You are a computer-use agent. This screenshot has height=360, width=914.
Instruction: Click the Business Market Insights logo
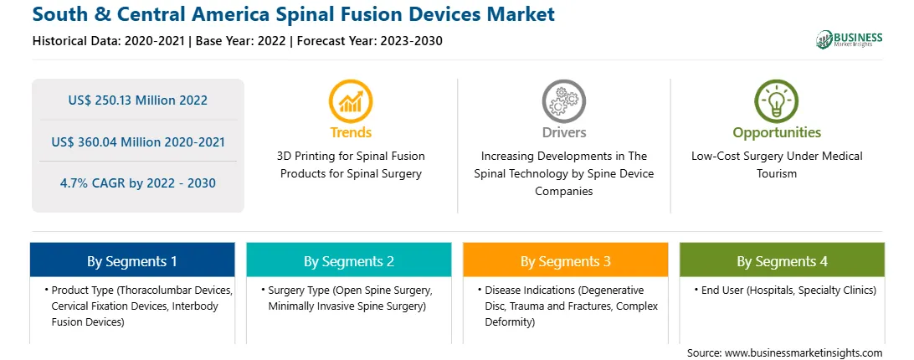pos(850,39)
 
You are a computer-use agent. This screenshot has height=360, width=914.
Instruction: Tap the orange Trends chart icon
pos(351,101)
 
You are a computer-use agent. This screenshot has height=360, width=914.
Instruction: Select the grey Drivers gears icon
pos(563,101)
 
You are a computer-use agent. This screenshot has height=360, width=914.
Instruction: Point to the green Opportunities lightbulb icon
pos(777,101)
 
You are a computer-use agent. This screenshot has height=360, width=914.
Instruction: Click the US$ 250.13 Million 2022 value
pos(137,100)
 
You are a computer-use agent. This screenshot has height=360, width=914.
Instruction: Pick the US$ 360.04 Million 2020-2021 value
pos(137,141)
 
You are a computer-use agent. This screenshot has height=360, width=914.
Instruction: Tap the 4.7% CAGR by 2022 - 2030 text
pos(137,183)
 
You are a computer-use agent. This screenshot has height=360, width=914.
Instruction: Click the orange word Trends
pos(351,132)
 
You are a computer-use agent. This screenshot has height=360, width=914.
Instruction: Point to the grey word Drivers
pos(563,132)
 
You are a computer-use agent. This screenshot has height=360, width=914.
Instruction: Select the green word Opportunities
pos(777,133)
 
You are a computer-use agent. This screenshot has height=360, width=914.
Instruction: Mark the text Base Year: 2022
pos(241,41)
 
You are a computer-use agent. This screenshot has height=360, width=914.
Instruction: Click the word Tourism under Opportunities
pos(777,174)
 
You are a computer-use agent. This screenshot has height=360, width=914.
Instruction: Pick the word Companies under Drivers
pos(563,192)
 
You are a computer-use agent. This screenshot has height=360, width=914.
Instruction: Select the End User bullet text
pos(784,290)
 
